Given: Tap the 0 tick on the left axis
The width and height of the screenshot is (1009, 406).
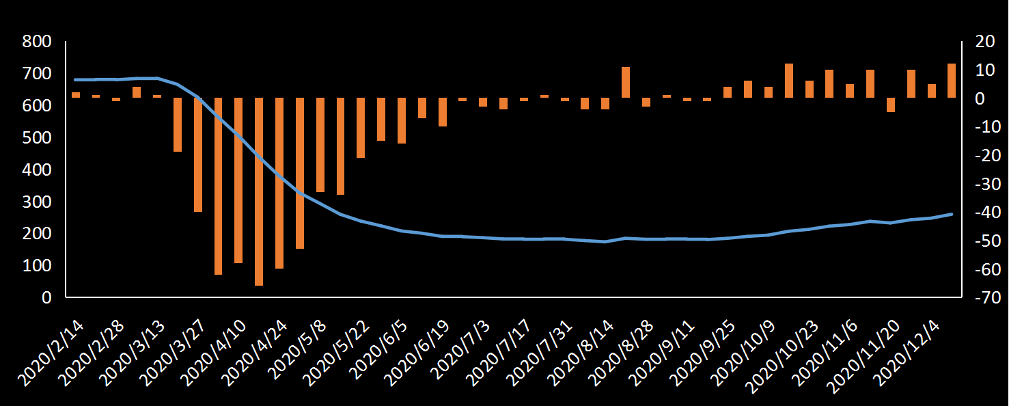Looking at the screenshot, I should [x=47, y=298].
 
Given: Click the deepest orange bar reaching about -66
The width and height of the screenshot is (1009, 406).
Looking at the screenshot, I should [x=259, y=191].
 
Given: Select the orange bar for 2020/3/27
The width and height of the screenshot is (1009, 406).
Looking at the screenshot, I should [x=198, y=154].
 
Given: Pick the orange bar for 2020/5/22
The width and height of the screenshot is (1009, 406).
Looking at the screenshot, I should [x=361, y=128].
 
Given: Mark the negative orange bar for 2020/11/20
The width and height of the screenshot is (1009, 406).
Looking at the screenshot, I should [x=891, y=105].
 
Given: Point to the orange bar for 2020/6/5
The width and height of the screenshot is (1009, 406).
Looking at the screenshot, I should [x=402, y=120].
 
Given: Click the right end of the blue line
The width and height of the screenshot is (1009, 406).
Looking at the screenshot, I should [x=952, y=214].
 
